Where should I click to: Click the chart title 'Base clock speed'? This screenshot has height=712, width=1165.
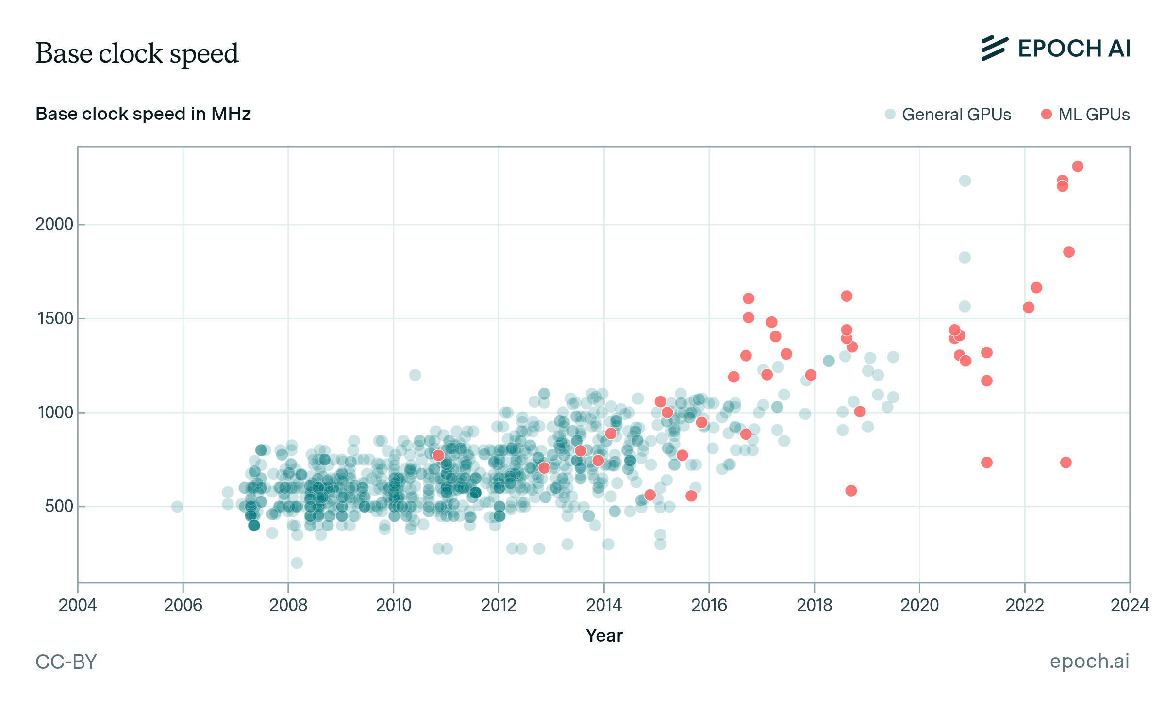click(137, 53)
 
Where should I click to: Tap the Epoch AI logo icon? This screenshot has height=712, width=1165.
click(994, 49)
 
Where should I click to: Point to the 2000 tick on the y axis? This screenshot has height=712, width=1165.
click(54, 224)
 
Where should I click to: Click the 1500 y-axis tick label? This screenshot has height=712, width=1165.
click(55, 318)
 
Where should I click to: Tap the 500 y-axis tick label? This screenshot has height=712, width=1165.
click(59, 506)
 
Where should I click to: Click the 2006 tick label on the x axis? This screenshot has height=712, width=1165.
click(183, 605)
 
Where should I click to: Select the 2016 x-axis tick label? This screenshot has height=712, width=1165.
click(709, 605)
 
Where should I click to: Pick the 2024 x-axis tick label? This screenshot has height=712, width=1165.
click(1130, 605)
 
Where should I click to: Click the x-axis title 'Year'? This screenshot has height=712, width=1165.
click(604, 635)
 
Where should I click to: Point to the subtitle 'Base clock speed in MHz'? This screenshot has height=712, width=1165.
click(143, 114)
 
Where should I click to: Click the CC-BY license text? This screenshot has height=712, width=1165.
click(66, 662)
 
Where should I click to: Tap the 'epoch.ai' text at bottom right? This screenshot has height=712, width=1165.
click(1089, 661)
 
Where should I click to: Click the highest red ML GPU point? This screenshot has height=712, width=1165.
click(1078, 166)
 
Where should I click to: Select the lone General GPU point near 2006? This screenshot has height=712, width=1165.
click(177, 506)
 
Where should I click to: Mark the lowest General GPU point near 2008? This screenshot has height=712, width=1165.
click(297, 563)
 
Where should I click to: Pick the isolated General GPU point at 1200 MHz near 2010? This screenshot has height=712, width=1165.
click(415, 375)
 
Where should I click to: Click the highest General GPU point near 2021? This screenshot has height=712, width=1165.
click(965, 181)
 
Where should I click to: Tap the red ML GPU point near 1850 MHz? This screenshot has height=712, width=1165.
click(1068, 252)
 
